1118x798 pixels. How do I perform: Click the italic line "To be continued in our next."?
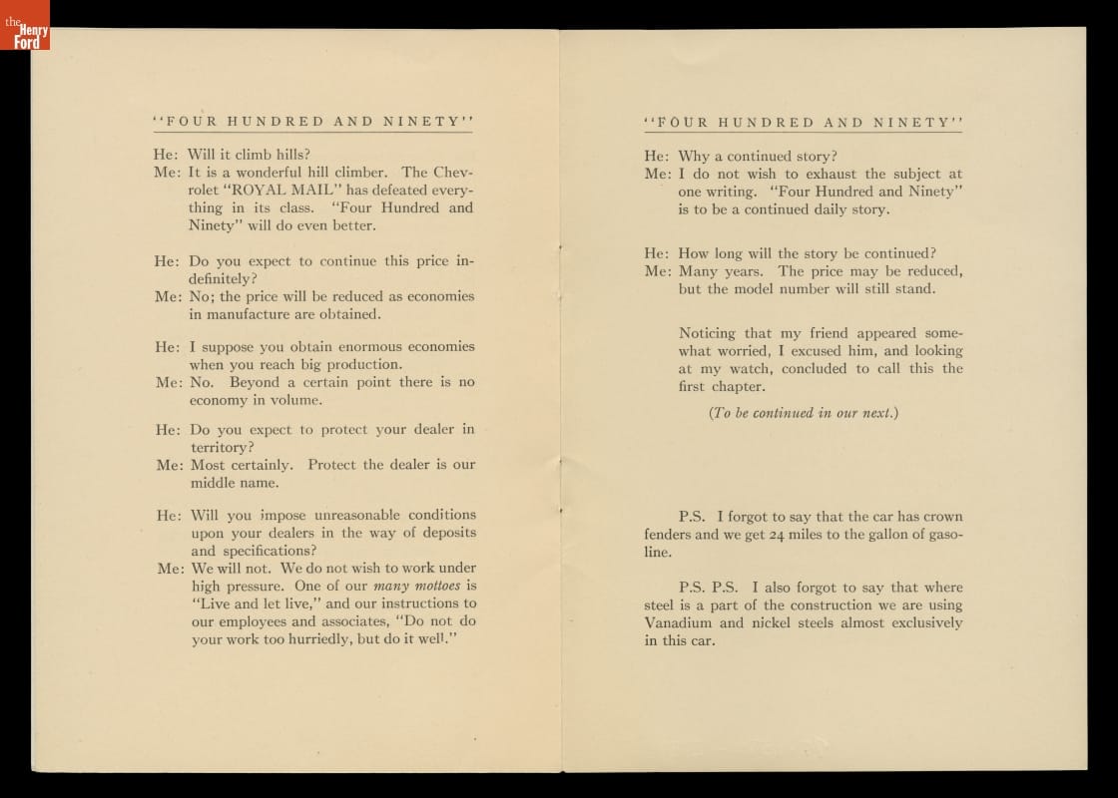[x=804, y=413]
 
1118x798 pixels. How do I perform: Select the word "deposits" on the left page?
[x=444, y=533]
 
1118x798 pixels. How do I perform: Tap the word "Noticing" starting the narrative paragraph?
[x=707, y=333]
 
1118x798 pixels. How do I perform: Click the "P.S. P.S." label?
[x=709, y=588]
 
